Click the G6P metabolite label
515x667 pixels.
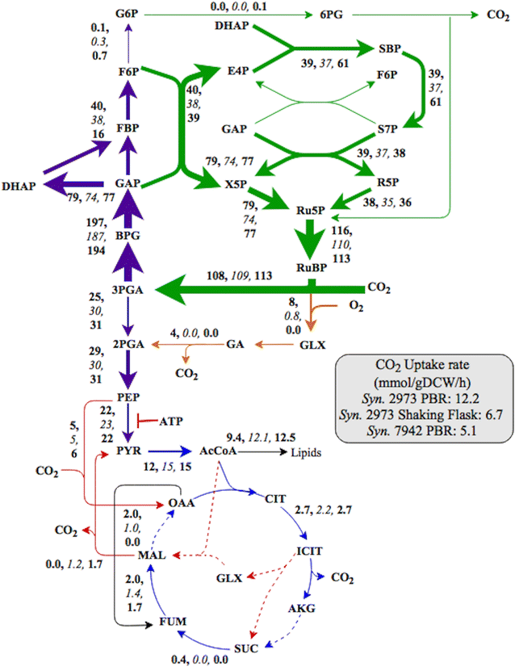coord(127,15)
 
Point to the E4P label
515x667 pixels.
coord(238,71)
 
